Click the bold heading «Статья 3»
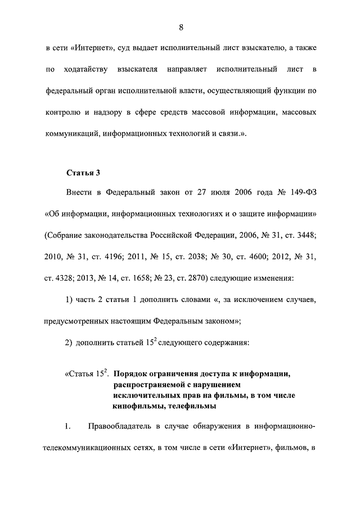[83, 172]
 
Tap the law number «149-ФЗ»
[300, 193]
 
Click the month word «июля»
[213, 193]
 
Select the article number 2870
[193, 278]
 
